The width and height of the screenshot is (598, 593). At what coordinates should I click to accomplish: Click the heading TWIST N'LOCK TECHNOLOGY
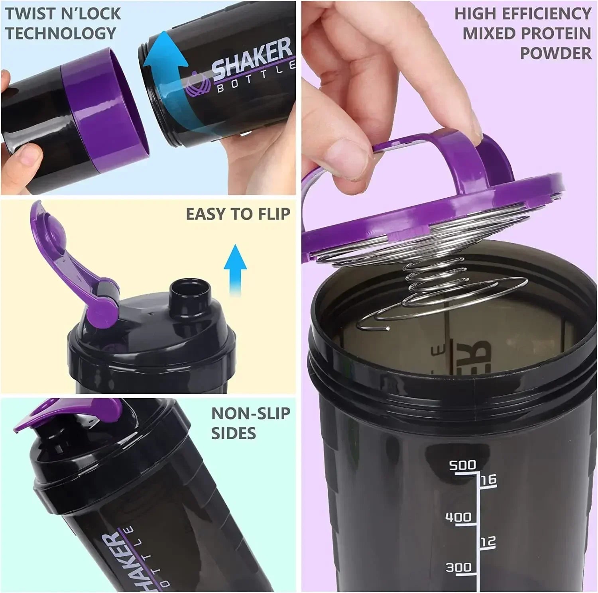pos(63,23)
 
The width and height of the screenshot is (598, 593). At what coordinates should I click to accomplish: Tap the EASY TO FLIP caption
pos(238,214)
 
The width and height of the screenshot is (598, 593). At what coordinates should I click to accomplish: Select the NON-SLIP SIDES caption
pos(250,423)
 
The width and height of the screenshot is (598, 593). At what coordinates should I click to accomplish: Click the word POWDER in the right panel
pos(556,53)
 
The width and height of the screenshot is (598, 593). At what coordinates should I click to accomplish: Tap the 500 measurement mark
pos(462,465)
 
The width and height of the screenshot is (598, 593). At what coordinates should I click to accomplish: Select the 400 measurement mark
pos(458,517)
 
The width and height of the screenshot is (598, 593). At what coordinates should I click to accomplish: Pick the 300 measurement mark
pos(458,567)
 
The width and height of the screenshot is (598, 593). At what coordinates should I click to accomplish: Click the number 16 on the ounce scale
pos(488,479)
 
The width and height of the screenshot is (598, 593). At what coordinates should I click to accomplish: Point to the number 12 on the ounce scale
pos(488,541)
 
